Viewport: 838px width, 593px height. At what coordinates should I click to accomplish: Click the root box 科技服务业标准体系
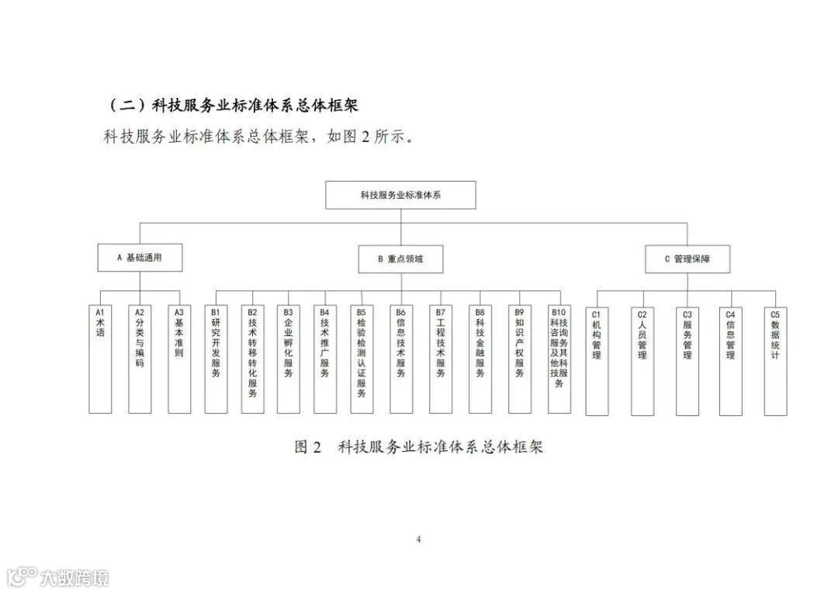pyautogui.click(x=400, y=195)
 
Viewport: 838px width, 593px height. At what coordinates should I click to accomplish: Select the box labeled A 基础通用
pyautogui.click(x=140, y=258)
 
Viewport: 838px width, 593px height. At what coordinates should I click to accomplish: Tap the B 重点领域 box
pyautogui.click(x=400, y=258)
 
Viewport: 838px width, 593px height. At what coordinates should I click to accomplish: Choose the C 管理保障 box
pyautogui.click(x=687, y=258)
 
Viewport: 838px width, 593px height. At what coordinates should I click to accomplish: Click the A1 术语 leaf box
pyautogui.click(x=100, y=358)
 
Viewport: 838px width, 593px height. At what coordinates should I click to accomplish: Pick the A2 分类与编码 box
pyautogui.click(x=140, y=358)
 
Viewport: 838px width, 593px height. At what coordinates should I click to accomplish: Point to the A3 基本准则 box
pyautogui.click(x=179, y=358)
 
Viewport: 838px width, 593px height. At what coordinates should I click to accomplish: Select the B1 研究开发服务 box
pyautogui.click(x=216, y=358)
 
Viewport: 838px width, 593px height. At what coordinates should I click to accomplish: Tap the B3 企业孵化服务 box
pyautogui.click(x=289, y=358)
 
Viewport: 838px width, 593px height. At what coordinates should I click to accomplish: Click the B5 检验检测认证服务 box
pyautogui.click(x=362, y=358)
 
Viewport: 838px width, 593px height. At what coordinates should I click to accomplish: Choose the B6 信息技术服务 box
pyautogui.click(x=400, y=358)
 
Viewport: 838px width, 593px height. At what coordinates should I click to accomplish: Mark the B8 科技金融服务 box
pyautogui.click(x=480, y=358)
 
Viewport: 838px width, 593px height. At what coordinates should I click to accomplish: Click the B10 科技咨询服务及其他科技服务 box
pyautogui.click(x=559, y=358)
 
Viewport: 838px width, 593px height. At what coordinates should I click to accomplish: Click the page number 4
pyautogui.click(x=418, y=539)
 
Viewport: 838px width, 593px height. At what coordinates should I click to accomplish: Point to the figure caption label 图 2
pyautogui.click(x=308, y=447)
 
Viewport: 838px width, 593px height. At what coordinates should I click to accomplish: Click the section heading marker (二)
pyautogui.click(x=125, y=104)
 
